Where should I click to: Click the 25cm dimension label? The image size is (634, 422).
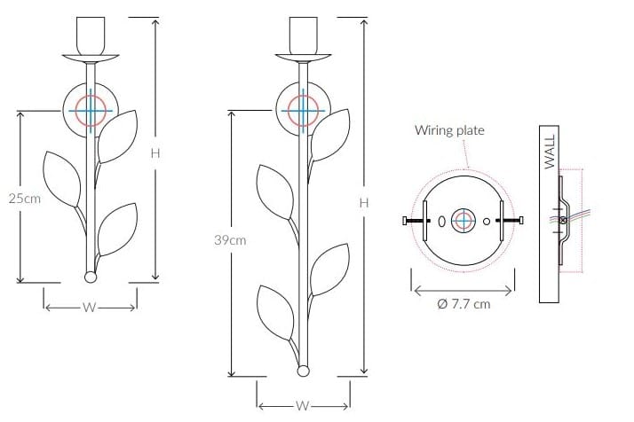pos(25,199)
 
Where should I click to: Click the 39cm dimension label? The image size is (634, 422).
pos(230,240)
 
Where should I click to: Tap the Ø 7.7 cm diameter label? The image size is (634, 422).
pos(464,304)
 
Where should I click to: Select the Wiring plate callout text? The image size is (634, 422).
pos(449,130)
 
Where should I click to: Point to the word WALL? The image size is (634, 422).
pos(550,152)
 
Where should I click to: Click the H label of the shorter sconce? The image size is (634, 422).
pos(155,153)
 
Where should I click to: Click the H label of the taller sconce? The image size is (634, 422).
pos(364,203)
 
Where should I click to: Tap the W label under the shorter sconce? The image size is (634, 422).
pos(90,308)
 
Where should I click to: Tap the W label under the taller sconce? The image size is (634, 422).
pos(303,406)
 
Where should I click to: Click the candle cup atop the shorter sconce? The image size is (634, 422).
pos(91,36)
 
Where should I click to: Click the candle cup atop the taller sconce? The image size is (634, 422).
pos(304,35)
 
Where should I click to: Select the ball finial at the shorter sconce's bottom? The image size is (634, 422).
pos(91,277)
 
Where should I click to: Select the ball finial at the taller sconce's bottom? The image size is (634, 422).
pos(303,371)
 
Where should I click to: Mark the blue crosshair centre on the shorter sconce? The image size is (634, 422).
pos(91,111)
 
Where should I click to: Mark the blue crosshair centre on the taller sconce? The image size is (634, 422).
pos(303,110)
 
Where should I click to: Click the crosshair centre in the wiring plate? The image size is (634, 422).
pos(464,221)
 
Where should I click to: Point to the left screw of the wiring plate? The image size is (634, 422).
pos(416,221)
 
